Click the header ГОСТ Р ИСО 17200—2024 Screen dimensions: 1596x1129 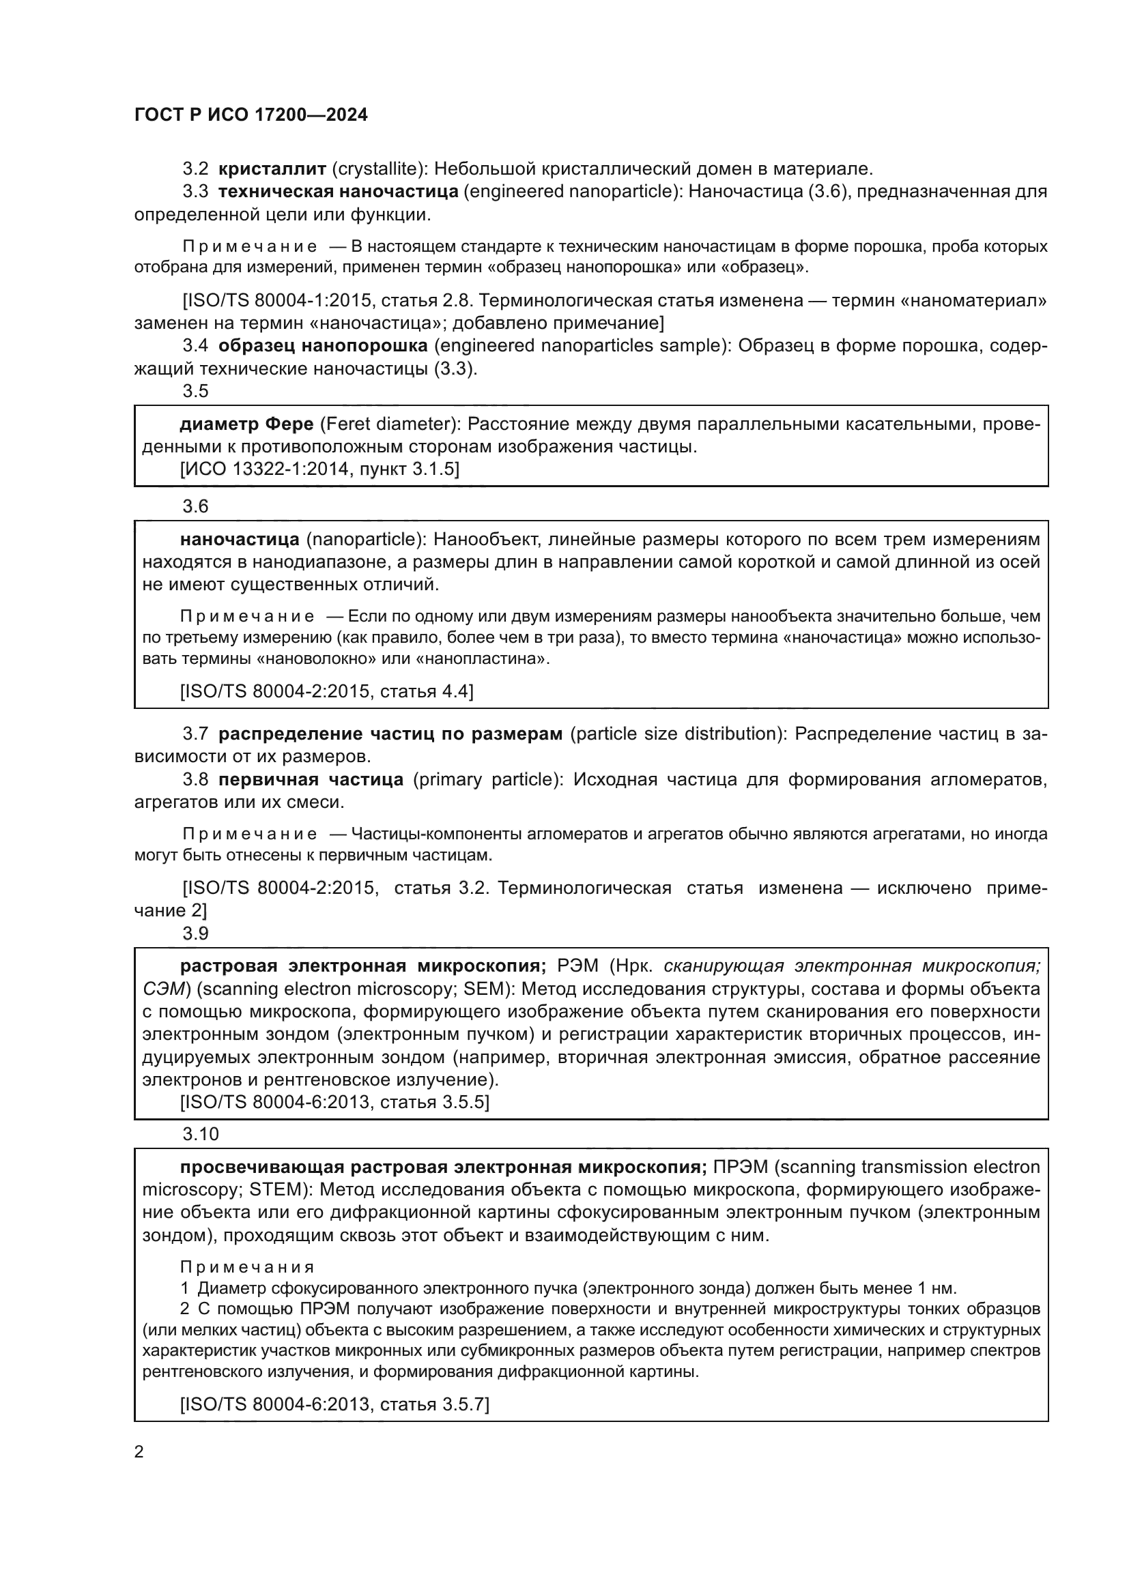251,115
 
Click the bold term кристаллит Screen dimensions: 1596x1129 272,169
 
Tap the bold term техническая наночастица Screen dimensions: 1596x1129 338,191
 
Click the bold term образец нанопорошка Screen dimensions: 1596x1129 323,345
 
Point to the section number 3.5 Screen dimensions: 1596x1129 195,392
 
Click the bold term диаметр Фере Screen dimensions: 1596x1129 246,424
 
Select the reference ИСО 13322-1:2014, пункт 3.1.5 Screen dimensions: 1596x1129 319,469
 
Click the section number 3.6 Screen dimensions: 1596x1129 195,507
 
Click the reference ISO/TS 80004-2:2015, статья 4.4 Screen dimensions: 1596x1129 327,691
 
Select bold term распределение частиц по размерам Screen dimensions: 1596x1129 390,734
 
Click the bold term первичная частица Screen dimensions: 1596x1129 310,780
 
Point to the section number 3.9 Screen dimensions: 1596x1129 195,933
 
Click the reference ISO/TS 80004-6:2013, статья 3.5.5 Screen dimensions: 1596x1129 334,1102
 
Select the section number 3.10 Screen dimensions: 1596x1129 200,1135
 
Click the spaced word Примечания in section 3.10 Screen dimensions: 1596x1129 247,1267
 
